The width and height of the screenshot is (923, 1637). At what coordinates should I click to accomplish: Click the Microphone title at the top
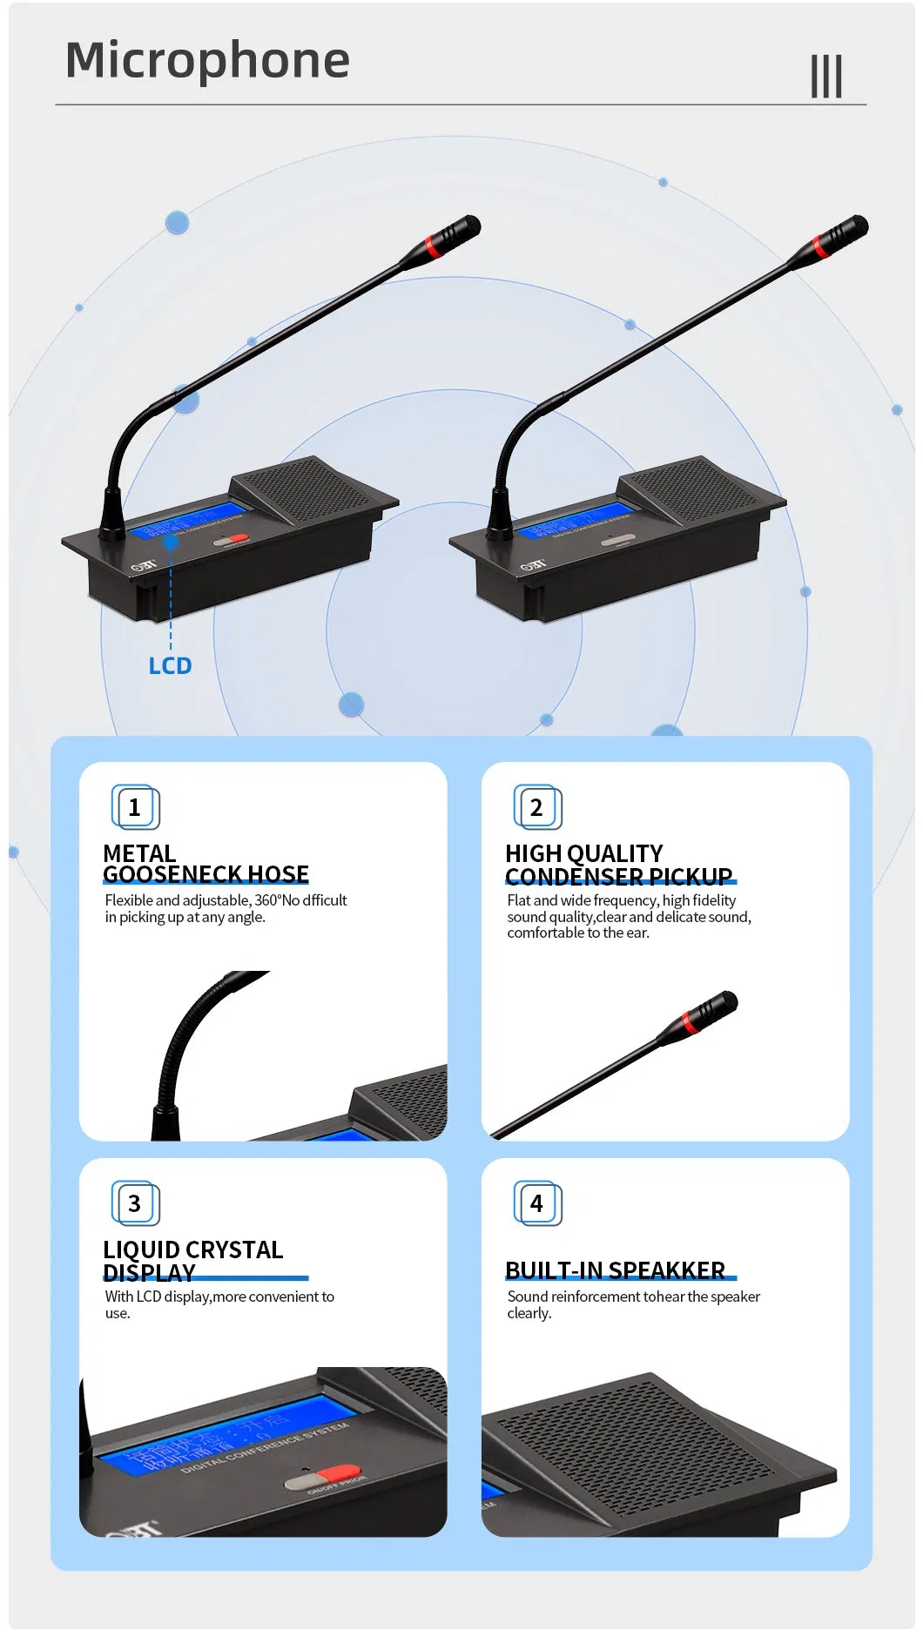click(x=207, y=61)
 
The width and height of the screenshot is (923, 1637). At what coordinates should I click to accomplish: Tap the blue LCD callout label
click(x=170, y=666)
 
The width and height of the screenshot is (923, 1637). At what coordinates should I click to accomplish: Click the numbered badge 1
click(x=135, y=807)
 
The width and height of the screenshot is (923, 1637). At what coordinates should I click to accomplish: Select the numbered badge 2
click(x=537, y=807)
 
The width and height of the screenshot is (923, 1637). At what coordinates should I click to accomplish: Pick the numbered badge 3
click(x=135, y=1203)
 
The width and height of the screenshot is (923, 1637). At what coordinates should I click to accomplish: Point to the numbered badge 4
click(x=537, y=1203)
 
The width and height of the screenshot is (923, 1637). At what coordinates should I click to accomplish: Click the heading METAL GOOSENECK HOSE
click(x=205, y=864)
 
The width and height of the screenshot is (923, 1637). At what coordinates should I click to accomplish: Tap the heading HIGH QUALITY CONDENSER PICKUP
click(x=618, y=865)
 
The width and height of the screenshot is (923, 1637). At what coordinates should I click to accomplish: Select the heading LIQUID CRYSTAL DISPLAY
click(x=193, y=1261)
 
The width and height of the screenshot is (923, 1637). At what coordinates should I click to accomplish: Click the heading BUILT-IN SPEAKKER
click(x=616, y=1270)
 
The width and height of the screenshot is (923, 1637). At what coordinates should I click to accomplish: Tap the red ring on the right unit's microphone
click(x=820, y=244)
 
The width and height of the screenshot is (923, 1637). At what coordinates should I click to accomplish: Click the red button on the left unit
click(x=237, y=539)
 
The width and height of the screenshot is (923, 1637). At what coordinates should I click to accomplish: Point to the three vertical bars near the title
click(x=826, y=77)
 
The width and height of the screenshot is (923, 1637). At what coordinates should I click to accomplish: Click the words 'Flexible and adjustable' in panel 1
click(x=178, y=900)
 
